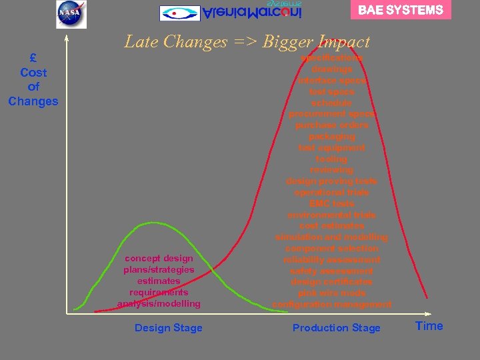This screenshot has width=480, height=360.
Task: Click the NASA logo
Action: pyautogui.click(x=71, y=14)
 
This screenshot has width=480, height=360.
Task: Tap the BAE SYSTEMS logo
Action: pyautogui.click(x=401, y=10)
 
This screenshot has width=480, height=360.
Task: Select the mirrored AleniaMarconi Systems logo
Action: pyautogui.click(x=231, y=12)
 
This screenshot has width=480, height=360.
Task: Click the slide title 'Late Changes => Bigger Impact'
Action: pyautogui.click(x=247, y=42)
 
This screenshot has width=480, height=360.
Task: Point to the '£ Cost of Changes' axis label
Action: pyautogui.click(x=33, y=80)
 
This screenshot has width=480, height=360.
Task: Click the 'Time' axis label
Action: pyautogui.click(x=429, y=326)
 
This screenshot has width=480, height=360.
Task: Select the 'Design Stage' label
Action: pyautogui.click(x=168, y=328)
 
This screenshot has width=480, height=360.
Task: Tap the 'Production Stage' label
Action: pyautogui.click(x=336, y=328)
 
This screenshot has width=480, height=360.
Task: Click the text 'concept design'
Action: pyautogui.click(x=159, y=258)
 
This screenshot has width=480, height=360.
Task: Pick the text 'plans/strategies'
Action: pyautogui.click(x=159, y=269)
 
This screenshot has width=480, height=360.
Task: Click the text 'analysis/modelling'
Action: pyautogui.click(x=159, y=303)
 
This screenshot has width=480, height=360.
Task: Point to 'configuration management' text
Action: pyautogui.click(x=331, y=304)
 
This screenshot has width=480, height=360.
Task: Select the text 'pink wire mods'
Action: pyautogui.click(x=331, y=293)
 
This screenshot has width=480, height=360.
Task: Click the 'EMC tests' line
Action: pyautogui.click(x=331, y=203)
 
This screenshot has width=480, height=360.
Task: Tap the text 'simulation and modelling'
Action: pyautogui.click(x=331, y=237)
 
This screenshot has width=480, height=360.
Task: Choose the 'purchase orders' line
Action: pyautogui.click(x=331, y=125)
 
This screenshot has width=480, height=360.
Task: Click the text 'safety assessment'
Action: pyautogui.click(x=331, y=271)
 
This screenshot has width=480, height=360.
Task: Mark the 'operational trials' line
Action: pyautogui.click(x=331, y=192)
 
